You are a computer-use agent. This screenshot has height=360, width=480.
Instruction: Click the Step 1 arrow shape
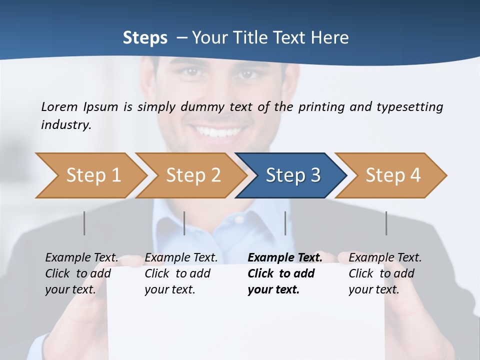(90, 175)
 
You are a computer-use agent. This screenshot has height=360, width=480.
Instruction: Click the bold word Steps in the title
(145, 37)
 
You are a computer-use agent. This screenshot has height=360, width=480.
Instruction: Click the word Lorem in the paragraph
(59, 106)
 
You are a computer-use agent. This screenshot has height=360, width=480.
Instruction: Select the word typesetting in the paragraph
(409, 106)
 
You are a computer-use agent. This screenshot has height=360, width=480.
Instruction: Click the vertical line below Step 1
(84, 223)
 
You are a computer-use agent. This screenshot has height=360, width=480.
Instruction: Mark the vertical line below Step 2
(184, 223)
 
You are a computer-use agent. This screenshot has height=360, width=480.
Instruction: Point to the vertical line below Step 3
(285, 223)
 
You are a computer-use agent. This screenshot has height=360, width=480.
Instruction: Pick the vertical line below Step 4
(386, 223)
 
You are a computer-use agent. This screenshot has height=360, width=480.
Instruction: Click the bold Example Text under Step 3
(285, 257)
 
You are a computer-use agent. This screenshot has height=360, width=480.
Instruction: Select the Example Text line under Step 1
(81, 257)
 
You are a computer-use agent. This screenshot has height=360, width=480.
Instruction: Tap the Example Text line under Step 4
(385, 257)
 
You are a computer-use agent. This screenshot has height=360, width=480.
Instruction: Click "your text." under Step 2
(170, 289)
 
